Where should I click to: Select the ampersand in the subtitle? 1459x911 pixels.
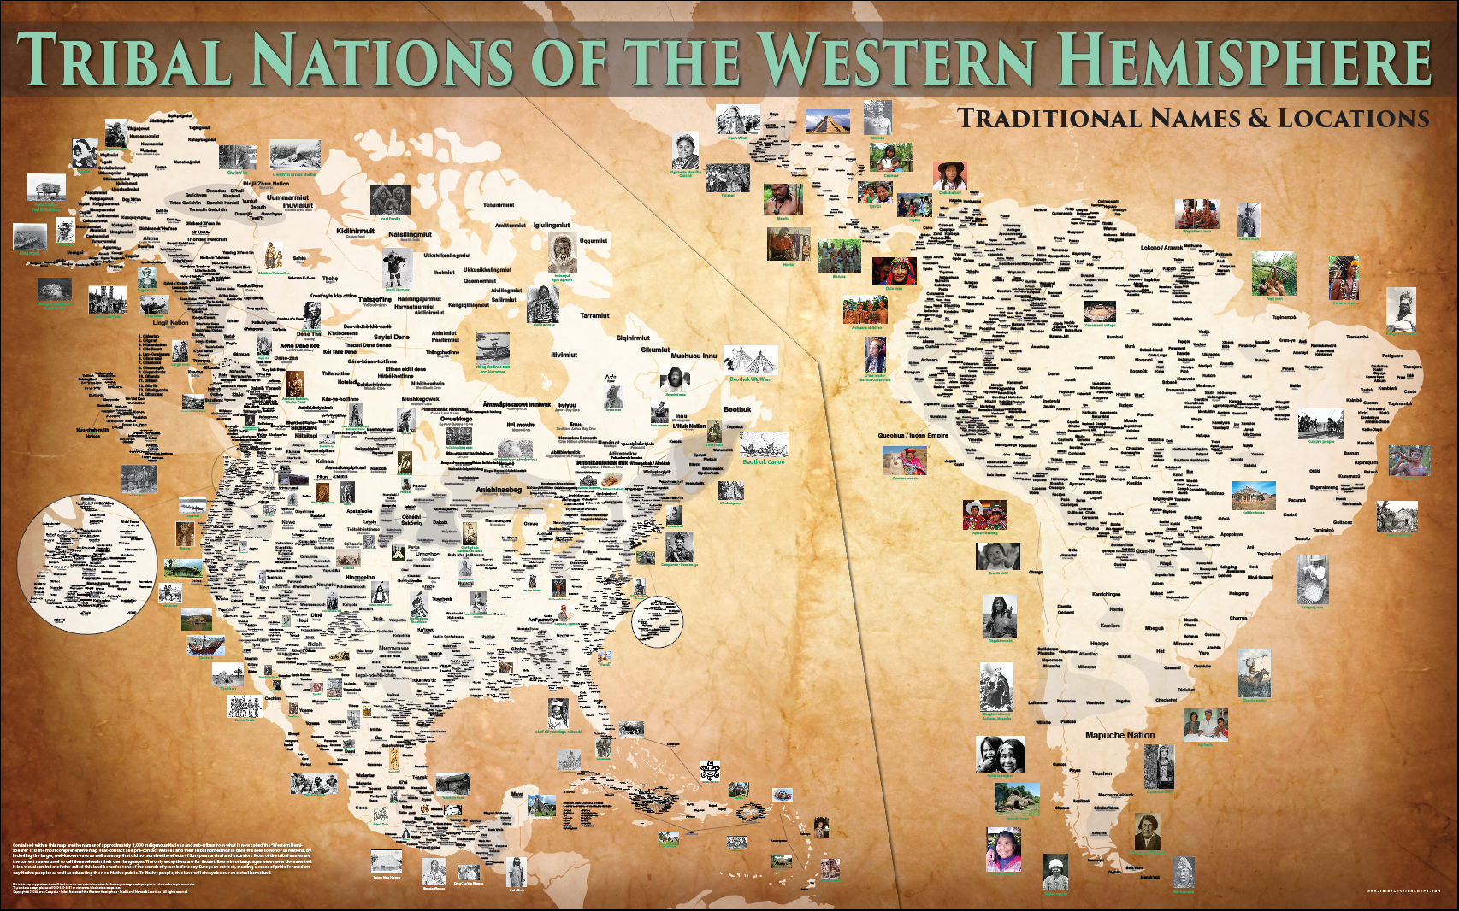coord(1258,118)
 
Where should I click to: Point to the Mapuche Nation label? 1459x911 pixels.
coord(1119,735)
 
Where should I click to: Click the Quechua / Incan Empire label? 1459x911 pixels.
coord(913,436)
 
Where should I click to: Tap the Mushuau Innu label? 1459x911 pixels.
coord(694,356)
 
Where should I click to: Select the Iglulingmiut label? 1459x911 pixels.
coord(552,226)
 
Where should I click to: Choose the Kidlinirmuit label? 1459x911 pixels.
coord(355,231)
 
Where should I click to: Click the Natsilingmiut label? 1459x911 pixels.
coord(411,234)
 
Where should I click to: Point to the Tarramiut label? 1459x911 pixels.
coord(594,315)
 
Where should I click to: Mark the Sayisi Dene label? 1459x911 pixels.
coord(392,338)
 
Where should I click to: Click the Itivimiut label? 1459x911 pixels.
coord(564,355)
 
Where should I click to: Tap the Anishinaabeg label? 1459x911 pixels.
coord(499,490)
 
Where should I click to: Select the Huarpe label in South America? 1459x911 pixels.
coord(1099,644)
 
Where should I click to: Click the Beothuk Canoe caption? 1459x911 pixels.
coord(763,462)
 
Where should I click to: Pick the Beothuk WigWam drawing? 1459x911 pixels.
coord(750,360)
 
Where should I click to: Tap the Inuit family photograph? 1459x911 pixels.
coord(390,201)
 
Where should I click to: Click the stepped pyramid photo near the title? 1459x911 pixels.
coord(827,120)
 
